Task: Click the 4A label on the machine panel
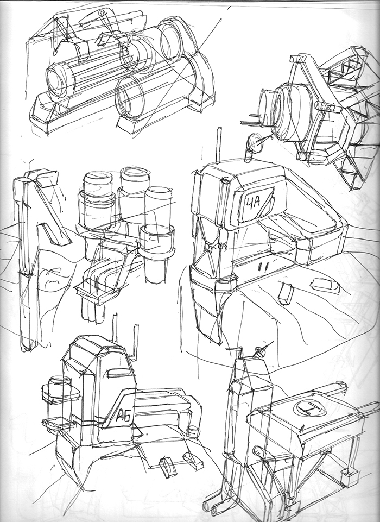point(253,203)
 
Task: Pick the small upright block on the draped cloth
point(286,294)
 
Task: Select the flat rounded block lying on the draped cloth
point(325,285)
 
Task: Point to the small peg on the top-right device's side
point(328,106)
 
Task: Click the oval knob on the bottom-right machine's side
point(258,453)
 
